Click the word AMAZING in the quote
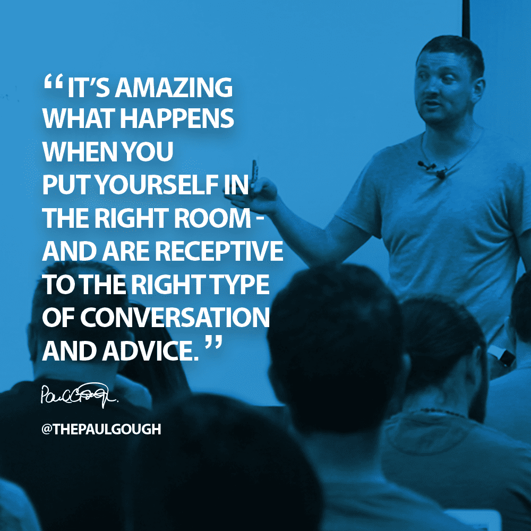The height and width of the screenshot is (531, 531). click(x=174, y=88)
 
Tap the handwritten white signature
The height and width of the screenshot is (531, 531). click(x=79, y=395)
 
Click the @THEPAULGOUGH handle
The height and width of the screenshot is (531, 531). click(x=101, y=429)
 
